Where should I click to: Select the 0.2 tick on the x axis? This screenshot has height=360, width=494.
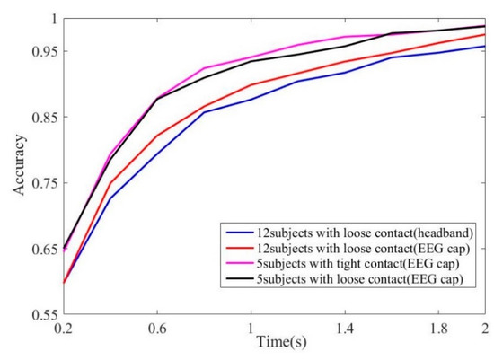coord(63,329)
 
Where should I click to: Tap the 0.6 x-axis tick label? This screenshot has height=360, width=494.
coord(158,329)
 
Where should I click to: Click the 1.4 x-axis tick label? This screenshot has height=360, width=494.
coord(346,329)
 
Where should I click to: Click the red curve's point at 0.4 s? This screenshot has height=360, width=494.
coord(110,183)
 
